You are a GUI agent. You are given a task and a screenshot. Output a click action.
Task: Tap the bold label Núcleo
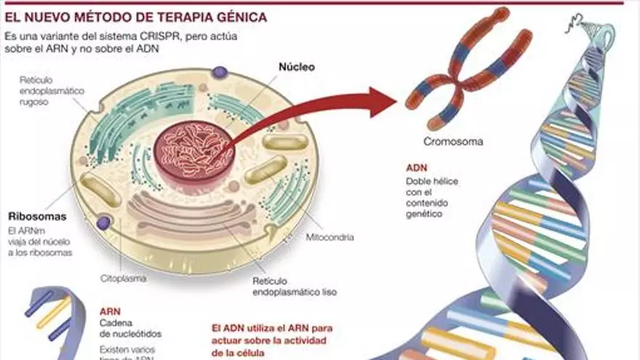tap(297, 66)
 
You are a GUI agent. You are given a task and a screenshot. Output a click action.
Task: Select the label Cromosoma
tap(453, 142)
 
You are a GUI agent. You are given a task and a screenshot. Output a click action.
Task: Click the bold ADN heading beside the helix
tap(417, 167)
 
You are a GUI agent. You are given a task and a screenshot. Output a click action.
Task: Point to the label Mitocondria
tap(330, 236)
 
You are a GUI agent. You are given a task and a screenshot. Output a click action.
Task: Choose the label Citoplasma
tap(123, 278)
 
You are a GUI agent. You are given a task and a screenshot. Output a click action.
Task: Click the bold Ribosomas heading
tap(37, 217)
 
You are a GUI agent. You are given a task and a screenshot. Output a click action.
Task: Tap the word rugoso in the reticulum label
tap(34, 103)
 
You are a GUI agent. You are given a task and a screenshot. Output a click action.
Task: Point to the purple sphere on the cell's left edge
tap(103, 223)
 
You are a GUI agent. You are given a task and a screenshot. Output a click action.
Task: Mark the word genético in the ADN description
tap(425, 214)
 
